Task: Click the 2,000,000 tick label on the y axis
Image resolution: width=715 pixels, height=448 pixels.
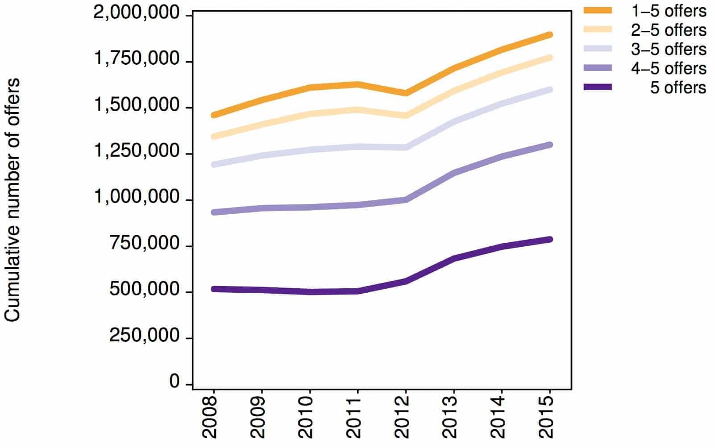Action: (136, 13)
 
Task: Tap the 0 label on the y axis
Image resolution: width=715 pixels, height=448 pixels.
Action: (174, 382)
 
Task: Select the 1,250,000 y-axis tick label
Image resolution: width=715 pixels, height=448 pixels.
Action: (136, 152)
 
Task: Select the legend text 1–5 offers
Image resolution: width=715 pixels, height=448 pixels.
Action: (668, 11)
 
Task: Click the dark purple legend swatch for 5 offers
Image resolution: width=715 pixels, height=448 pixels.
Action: (598, 87)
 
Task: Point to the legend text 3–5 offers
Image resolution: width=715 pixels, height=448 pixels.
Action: (668, 49)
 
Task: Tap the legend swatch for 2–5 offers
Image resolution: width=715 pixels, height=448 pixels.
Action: (598, 29)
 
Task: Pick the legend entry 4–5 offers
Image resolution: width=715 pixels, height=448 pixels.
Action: (668, 68)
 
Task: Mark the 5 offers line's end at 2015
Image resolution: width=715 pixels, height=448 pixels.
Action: (550, 240)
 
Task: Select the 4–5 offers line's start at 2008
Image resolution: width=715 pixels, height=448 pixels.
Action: (213, 212)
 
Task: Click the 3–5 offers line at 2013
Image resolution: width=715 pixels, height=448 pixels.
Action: (454, 122)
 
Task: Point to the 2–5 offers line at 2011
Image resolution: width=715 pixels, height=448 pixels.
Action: (357, 109)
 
